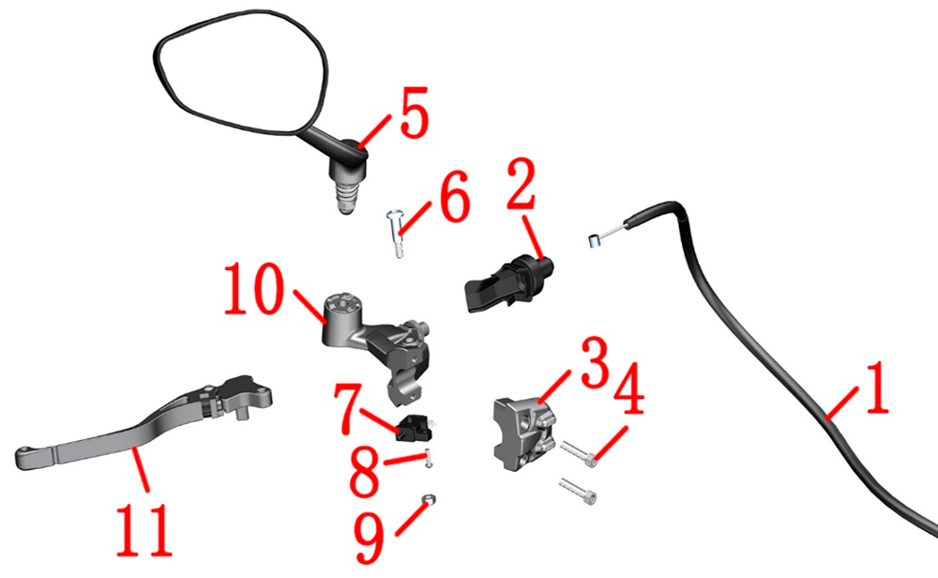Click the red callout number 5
tap(415, 112)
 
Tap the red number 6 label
tap(455, 196)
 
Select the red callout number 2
tap(522, 184)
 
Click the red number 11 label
tap(144, 530)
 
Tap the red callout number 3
tap(596, 362)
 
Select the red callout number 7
tap(348, 409)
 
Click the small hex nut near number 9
tap(429, 499)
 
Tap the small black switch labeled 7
tap(416, 427)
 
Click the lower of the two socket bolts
tap(578, 491)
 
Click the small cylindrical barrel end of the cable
tap(592, 241)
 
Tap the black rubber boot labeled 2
tap(507, 284)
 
